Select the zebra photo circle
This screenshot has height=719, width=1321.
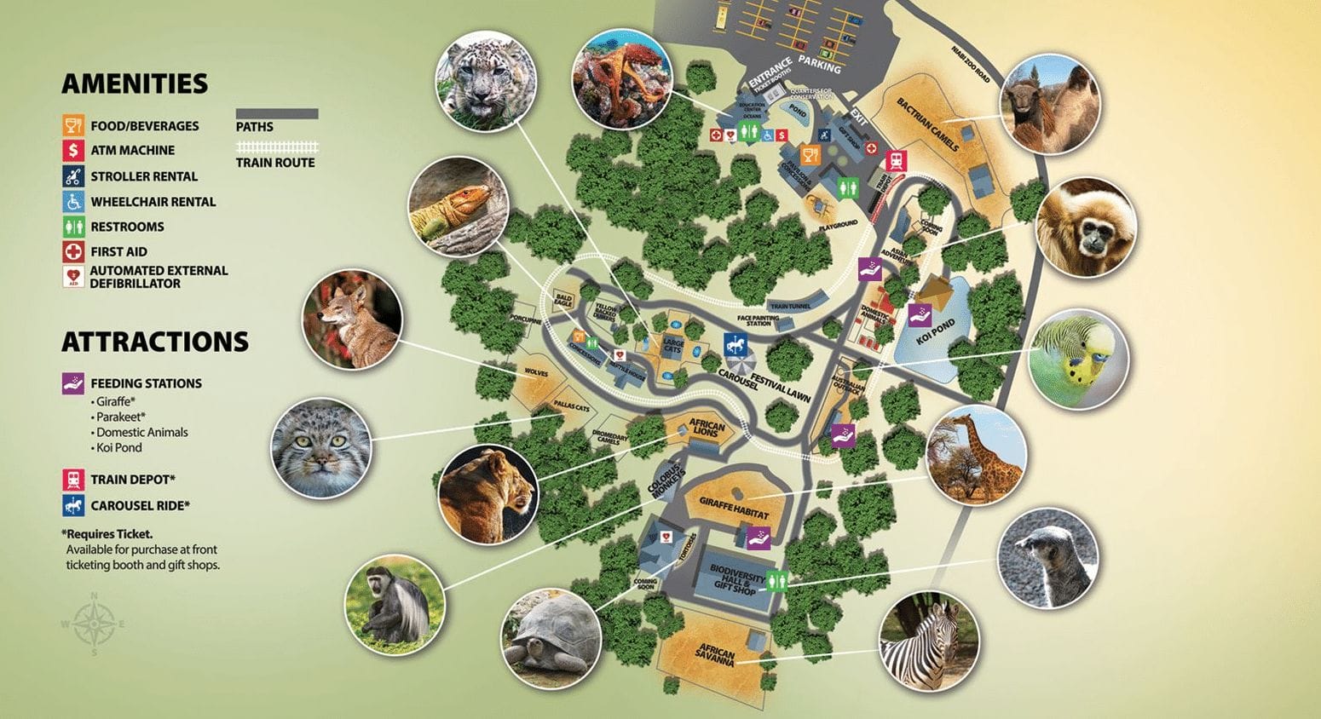click(930, 641)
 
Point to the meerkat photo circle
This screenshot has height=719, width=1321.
click(1048, 558)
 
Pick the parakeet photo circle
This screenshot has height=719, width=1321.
click(1079, 359)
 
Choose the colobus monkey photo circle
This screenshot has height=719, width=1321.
click(395, 604)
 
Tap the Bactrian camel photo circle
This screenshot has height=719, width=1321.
click(1050, 104)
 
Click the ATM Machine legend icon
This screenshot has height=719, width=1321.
click(73, 150)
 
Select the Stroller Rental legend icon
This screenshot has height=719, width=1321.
click(73, 176)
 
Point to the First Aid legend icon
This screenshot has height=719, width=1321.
click(73, 251)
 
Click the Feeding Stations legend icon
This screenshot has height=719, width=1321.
click(73, 383)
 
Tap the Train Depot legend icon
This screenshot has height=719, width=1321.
click(73, 479)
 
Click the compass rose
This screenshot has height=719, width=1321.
click(94, 624)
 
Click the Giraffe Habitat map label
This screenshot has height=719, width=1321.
click(734, 509)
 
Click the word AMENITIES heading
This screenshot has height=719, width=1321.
click(135, 83)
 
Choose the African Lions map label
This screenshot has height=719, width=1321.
click(707, 429)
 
